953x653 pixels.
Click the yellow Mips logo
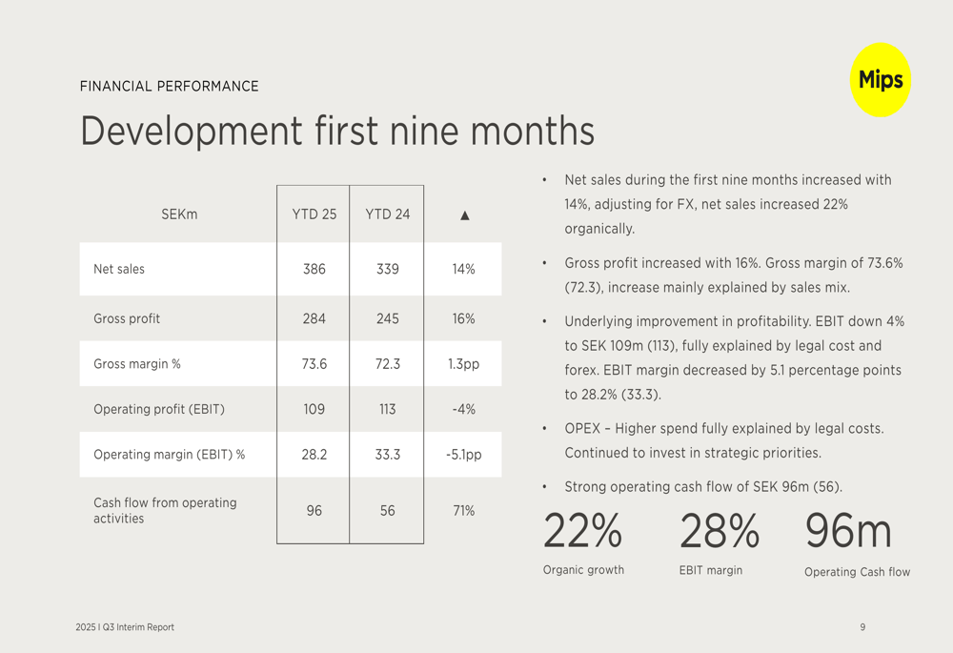(x=880, y=80)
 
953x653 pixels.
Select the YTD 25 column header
(x=314, y=214)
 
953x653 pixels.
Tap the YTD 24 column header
(x=387, y=214)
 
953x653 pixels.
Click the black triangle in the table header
(x=464, y=215)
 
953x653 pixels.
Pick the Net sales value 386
(x=314, y=269)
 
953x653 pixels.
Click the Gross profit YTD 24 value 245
(x=387, y=318)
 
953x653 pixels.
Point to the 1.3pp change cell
(x=463, y=364)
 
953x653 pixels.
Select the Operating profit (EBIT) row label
(x=159, y=409)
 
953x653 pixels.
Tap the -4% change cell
(x=463, y=409)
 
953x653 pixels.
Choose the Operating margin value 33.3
(x=387, y=455)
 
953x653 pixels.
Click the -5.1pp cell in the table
(x=463, y=455)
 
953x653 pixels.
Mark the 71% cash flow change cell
(x=463, y=511)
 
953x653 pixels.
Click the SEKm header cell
(x=179, y=214)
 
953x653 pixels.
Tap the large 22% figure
(x=582, y=531)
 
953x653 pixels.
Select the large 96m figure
(x=848, y=531)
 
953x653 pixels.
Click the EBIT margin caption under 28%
(x=710, y=570)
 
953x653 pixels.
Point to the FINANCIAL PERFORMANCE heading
(x=170, y=86)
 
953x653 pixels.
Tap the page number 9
(x=862, y=627)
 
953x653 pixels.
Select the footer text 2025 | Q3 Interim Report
(x=125, y=627)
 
